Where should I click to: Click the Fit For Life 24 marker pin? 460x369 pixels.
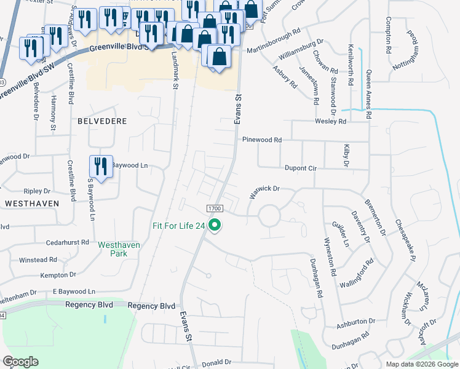(215, 226)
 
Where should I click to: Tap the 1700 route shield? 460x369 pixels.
(214, 209)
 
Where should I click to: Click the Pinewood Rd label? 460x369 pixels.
(261, 140)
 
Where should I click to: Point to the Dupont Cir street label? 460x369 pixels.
(299, 167)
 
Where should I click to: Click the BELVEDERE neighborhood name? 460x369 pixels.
(102, 122)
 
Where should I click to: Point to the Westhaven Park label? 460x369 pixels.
(119, 248)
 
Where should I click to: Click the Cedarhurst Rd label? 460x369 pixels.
(68, 242)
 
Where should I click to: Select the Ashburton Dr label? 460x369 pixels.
(355, 321)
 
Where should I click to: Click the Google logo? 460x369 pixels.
(21, 362)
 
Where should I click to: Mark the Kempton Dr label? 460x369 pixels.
(58, 275)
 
